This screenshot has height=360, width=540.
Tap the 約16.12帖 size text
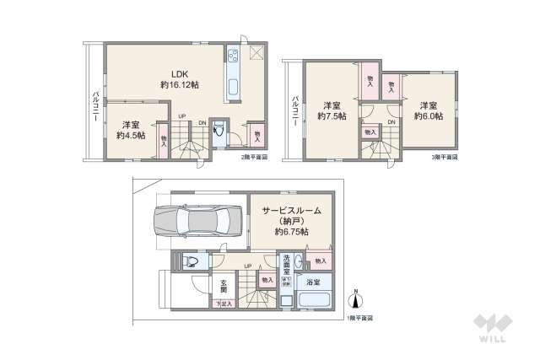click(178, 85)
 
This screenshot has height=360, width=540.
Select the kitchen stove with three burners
click(232, 56)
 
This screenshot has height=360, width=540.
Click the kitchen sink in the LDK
click(232, 86)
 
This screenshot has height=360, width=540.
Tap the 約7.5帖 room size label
click(331, 116)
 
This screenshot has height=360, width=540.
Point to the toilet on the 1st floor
click(187, 261)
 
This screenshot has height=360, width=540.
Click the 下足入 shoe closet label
click(224, 304)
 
